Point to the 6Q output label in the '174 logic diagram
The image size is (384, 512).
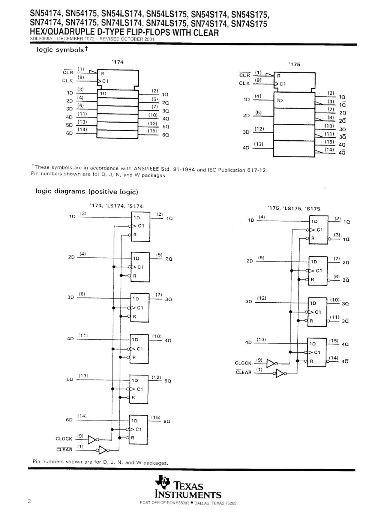point(167,421)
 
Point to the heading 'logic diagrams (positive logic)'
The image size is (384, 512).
point(87,191)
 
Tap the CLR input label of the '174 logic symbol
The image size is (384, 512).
point(68,72)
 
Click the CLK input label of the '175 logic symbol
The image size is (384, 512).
point(244,83)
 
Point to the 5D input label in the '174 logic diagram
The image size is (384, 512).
point(69,379)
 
